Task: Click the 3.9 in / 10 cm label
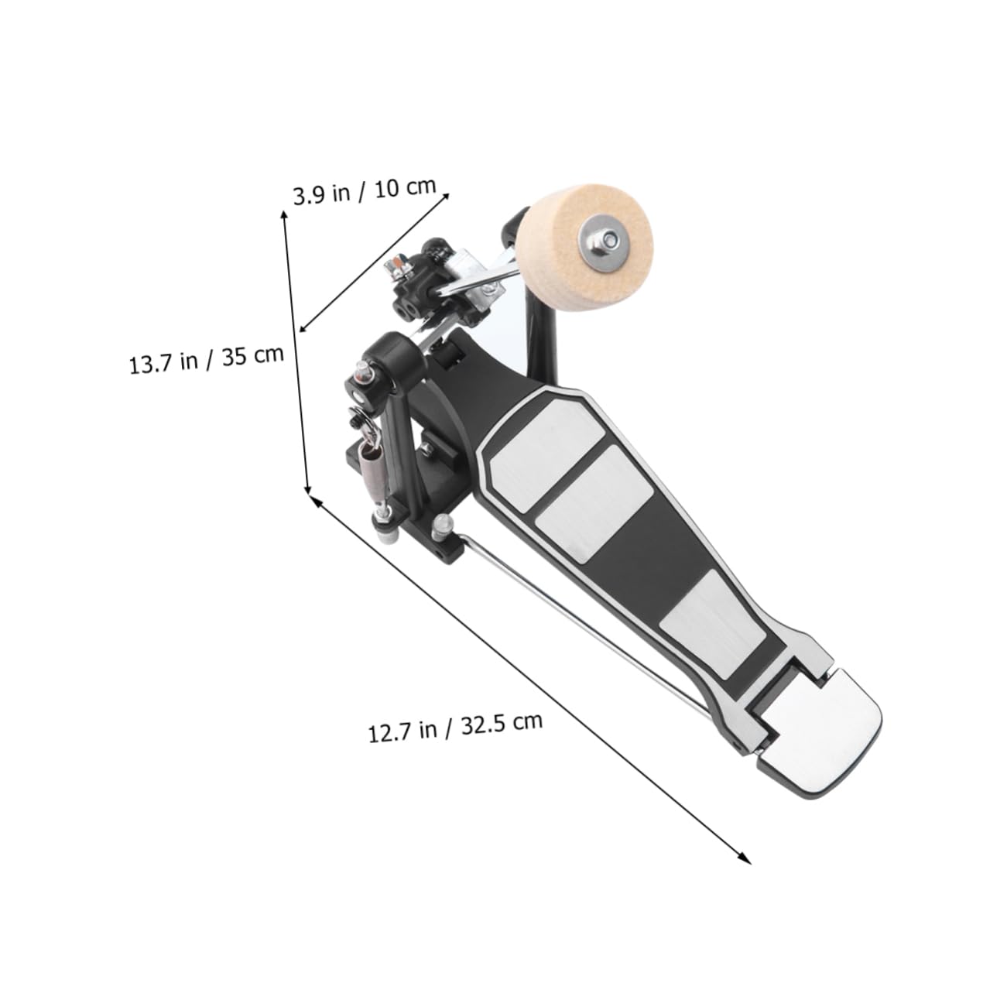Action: [x=365, y=191]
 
